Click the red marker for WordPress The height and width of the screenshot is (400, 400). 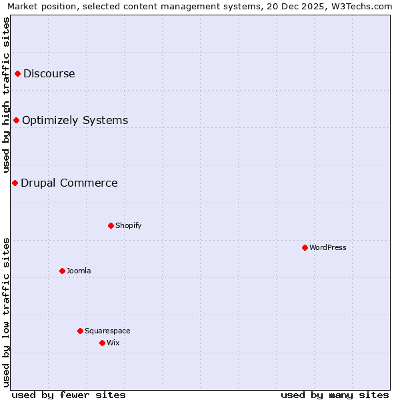(305, 247)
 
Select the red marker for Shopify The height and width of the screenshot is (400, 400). (111, 225)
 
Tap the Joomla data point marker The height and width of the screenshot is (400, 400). (62, 271)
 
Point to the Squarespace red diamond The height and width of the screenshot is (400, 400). (80, 331)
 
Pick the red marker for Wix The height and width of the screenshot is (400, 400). (102, 343)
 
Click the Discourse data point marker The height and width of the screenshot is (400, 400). (17, 73)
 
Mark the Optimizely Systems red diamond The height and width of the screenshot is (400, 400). (16, 120)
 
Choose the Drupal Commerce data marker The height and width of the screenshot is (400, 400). (15, 183)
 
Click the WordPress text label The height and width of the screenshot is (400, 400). (328, 247)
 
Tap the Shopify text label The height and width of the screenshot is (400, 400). (129, 225)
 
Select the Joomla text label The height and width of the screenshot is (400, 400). (79, 271)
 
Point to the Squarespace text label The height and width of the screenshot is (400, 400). (107, 331)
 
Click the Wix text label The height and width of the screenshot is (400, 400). (113, 343)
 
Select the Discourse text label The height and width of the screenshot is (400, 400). (49, 73)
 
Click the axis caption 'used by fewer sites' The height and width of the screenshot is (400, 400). (69, 395)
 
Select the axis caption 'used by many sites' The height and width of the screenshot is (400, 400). (335, 395)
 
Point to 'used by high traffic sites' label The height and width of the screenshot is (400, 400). (7, 95)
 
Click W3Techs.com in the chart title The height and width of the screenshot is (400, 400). (361, 7)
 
